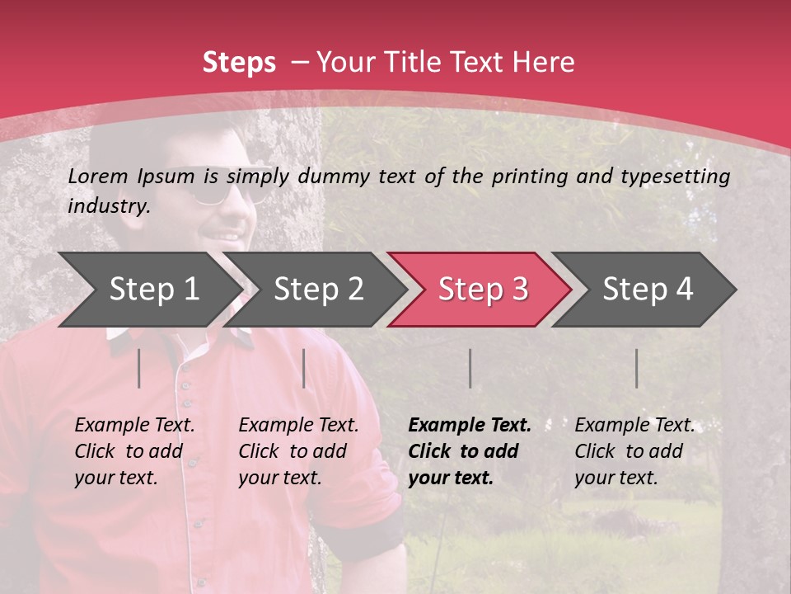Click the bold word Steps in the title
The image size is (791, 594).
pyautogui.click(x=239, y=63)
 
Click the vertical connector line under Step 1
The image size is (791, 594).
pyautogui.click(x=139, y=368)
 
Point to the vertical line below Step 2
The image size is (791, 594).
pyautogui.click(x=304, y=368)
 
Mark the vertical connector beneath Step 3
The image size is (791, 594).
pyautogui.click(x=470, y=368)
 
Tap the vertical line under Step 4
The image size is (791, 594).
pyautogui.click(x=637, y=368)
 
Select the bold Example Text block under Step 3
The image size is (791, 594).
pyautogui.click(x=470, y=451)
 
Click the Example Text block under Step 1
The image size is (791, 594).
pyautogui.click(x=134, y=451)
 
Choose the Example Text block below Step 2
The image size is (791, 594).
pyautogui.click(x=298, y=451)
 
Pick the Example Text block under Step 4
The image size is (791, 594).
pyautogui.click(x=634, y=451)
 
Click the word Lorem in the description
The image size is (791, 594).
pyautogui.click(x=98, y=176)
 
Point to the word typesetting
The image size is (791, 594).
pyautogui.click(x=675, y=177)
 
